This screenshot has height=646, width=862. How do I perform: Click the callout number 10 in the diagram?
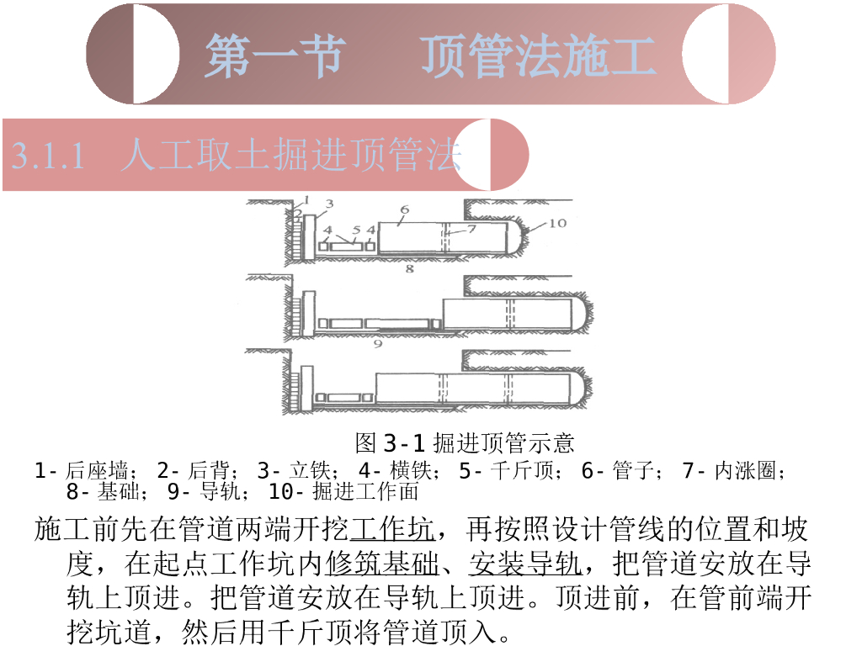(x=557, y=223)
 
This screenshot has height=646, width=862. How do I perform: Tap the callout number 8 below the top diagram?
(x=410, y=268)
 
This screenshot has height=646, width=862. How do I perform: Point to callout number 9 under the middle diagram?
(x=378, y=344)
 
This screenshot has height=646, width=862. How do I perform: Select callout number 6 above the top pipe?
(x=405, y=209)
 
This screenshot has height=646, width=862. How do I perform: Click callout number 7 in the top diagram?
(x=471, y=229)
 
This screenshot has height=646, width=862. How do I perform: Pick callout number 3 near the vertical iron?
(x=329, y=204)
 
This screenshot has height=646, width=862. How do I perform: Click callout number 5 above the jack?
(x=356, y=230)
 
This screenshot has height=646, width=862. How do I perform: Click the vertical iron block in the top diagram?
(x=308, y=237)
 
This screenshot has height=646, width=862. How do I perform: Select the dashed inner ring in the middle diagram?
(x=509, y=314)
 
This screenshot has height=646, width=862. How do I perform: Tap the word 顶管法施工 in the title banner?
(x=538, y=55)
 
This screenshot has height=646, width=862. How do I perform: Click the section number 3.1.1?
(x=48, y=156)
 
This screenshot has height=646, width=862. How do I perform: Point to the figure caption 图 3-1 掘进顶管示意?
(x=465, y=442)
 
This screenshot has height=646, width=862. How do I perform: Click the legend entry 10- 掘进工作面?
(x=343, y=491)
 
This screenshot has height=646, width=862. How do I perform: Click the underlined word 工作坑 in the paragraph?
(x=391, y=529)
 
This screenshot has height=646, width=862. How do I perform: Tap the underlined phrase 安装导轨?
(x=525, y=563)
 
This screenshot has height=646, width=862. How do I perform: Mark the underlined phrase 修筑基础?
(x=382, y=563)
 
